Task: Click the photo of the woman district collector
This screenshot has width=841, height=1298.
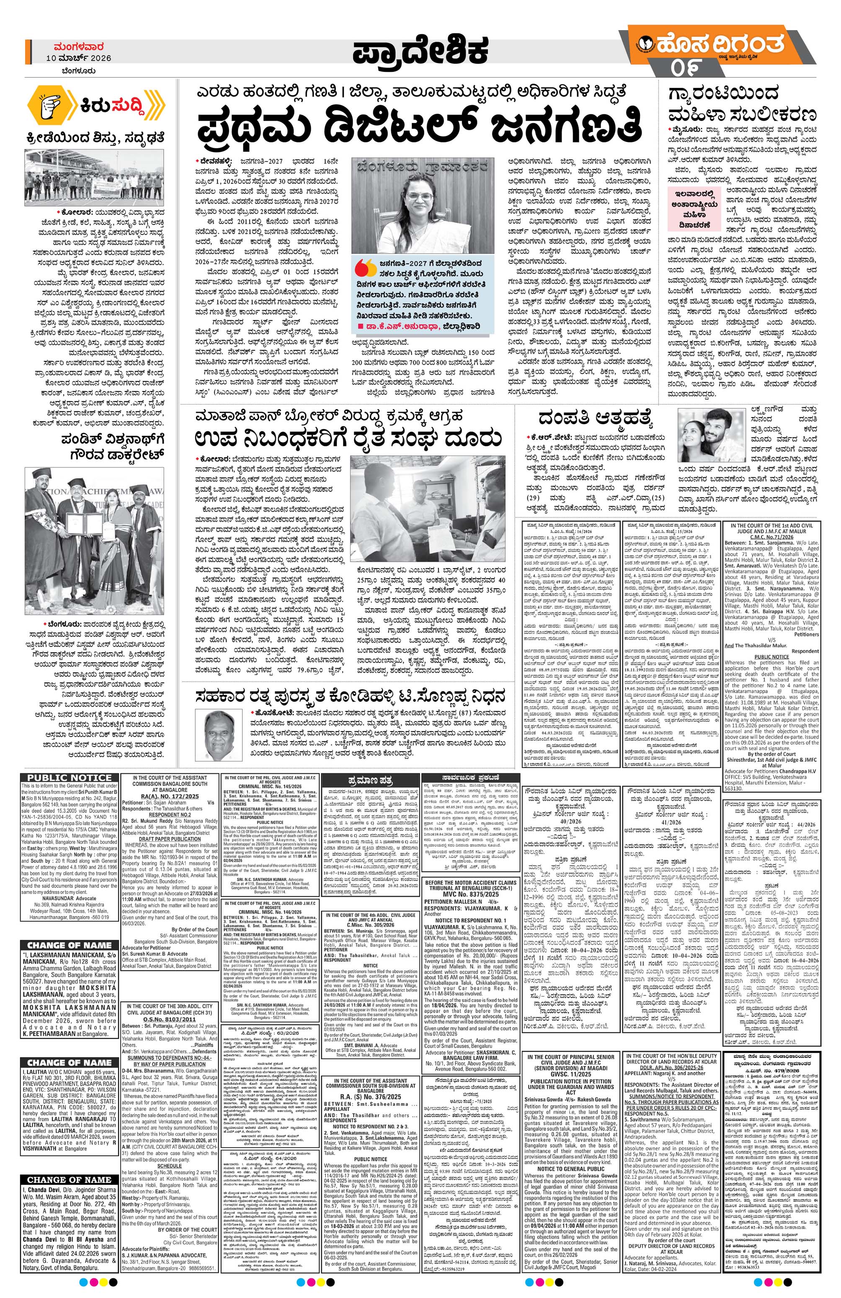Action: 423,206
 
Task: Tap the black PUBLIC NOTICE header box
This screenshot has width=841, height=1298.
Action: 69,778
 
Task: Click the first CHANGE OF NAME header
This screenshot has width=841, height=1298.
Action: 69,945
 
